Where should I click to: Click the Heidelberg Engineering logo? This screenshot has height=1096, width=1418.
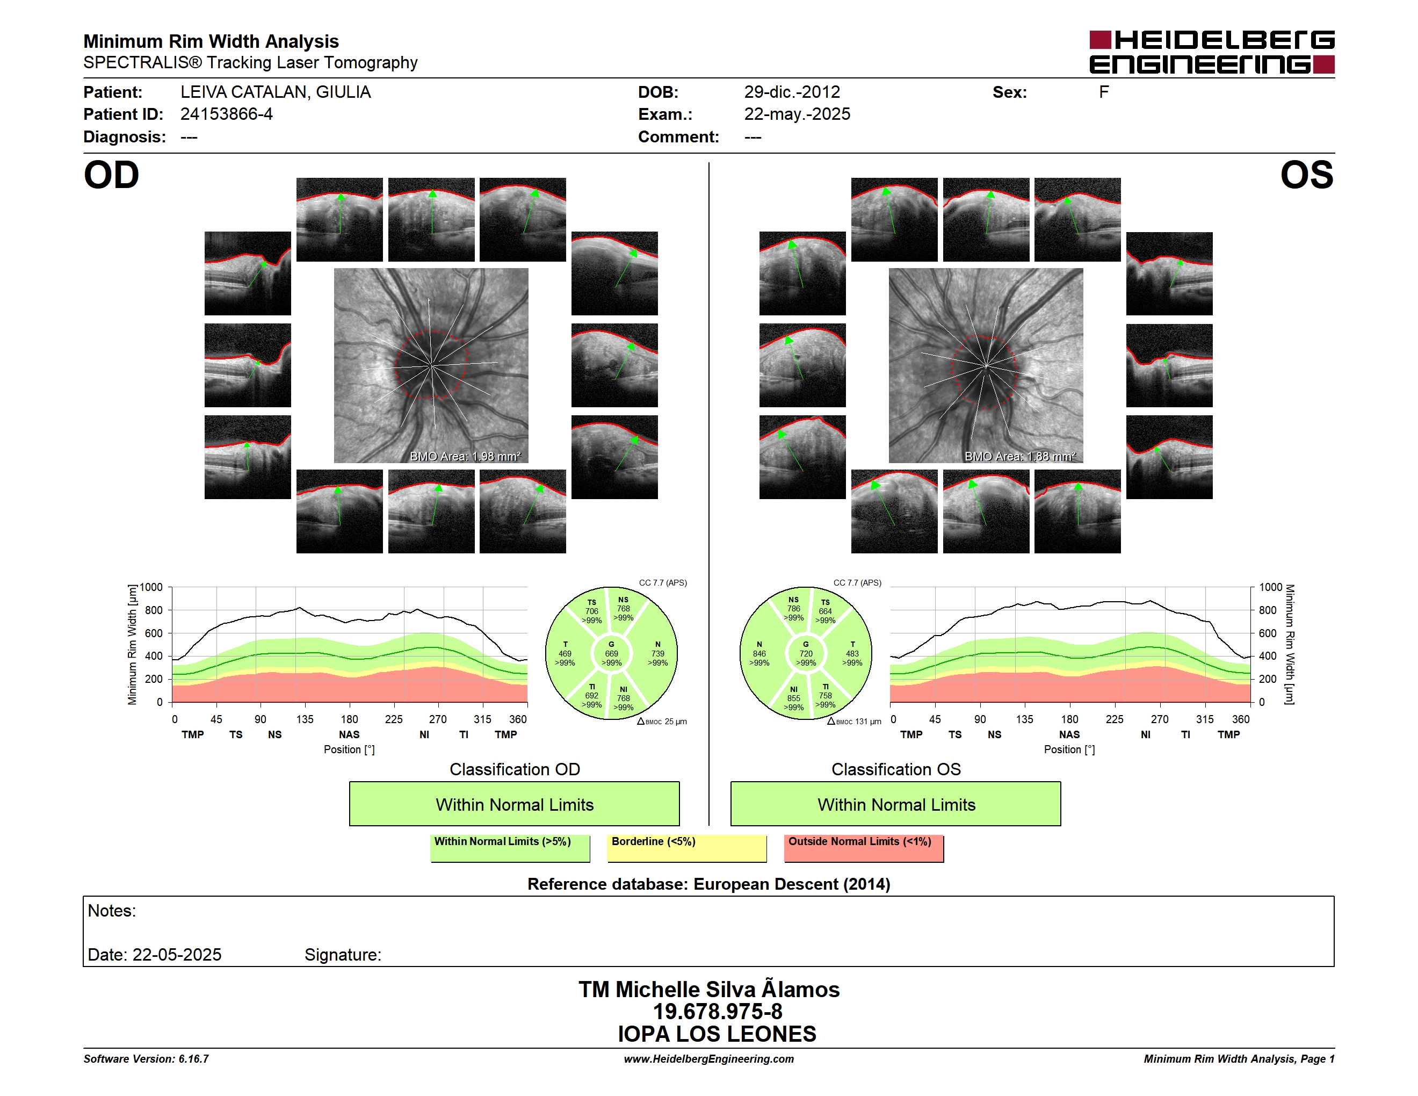[x=1212, y=52]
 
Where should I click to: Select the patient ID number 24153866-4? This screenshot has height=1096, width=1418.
[x=227, y=114]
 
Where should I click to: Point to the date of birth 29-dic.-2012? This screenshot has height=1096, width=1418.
[x=792, y=92]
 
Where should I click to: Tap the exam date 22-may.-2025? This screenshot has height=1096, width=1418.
[x=797, y=114]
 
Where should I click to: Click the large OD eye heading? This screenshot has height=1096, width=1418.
[x=112, y=175]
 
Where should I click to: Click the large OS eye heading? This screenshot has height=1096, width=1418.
[x=1306, y=175]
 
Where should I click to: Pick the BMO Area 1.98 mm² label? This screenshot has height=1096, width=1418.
[x=465, y=457]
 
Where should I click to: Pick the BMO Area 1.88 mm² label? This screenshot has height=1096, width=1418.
[x=1020, y=457]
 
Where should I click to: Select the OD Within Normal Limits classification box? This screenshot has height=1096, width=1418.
[x=514, y=804]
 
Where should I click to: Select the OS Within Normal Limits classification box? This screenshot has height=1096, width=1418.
[x=896, y=804]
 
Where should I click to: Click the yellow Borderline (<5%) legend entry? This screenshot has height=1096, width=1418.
[x=687, y=848]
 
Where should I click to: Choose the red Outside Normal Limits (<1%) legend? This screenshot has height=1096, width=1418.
[x=864, y=848]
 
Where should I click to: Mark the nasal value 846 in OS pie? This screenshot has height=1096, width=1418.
[x=759, y=654]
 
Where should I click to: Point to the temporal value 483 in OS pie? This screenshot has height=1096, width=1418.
[x=852, y=654]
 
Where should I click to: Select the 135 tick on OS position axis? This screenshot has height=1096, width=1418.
[x=1024, y=719]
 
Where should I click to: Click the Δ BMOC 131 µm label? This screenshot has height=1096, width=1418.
[x=855, y=722]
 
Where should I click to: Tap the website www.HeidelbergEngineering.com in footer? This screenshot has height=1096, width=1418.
[x=709, y=1059]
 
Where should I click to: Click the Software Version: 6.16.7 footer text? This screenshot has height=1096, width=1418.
[x=146, y=1059]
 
